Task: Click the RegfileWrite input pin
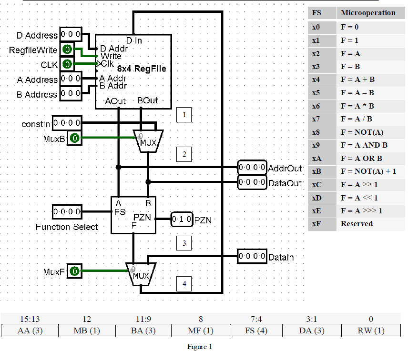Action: pos(69,50)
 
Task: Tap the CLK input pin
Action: pos(69,64)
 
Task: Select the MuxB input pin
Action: pos(74,139)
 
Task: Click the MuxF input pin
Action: pos(74,271)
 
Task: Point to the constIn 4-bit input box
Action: pos(67,123)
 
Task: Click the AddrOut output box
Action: pos(252,168)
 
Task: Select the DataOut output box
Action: pos(252,182)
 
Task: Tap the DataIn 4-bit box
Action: pos(252,257)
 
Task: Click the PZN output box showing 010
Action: pos(182,220)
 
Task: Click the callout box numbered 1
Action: pos(184,114)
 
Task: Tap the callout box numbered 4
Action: pos(184,284)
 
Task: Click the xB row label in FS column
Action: pos(316,171)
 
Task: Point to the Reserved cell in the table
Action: pos(356,223)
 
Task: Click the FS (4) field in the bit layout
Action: pos(256,330)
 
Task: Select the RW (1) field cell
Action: pos(371,330)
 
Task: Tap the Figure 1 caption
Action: pos(200,347)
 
